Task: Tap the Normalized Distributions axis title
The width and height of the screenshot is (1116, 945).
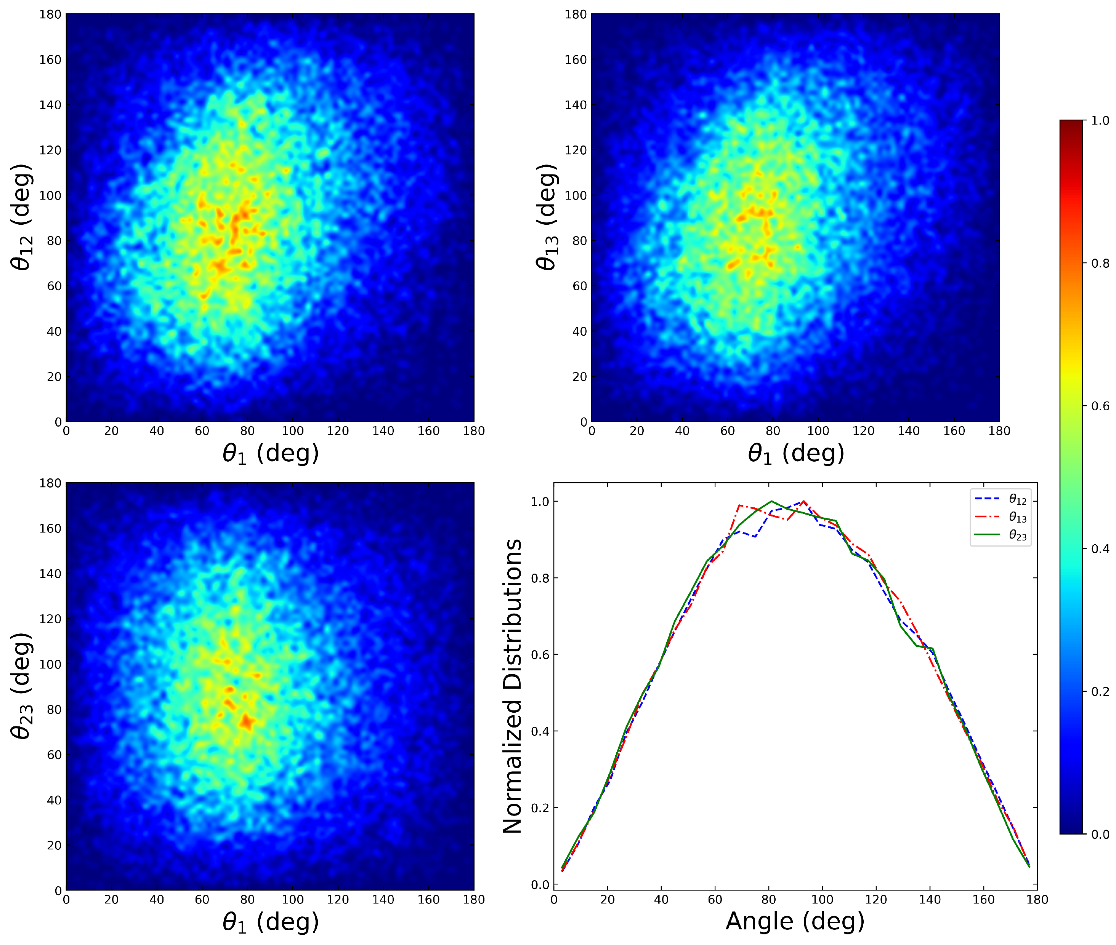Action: [x=512, y=686]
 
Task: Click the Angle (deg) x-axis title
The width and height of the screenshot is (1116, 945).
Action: [x=795, y=921]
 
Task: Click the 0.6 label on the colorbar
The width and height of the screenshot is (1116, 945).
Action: [x=1100, y=406]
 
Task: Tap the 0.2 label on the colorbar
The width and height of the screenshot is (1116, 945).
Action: [x=1100, y=692]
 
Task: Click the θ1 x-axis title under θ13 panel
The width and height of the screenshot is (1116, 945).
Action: [x=795, y=454]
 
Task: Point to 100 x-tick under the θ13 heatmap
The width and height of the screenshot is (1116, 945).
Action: [x=818, y=431]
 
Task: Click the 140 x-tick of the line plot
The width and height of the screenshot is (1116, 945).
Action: [x=930, y=900]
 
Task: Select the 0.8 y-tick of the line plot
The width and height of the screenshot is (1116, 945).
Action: [x=540, y=579]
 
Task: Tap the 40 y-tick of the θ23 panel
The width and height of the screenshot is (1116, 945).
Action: [x=54, y=800]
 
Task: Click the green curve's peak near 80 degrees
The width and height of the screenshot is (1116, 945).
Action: [x=771, y=501]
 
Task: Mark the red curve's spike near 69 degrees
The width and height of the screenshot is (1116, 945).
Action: [x=739, y=505]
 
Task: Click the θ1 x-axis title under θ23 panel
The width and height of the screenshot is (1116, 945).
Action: [x=270, y=923]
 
